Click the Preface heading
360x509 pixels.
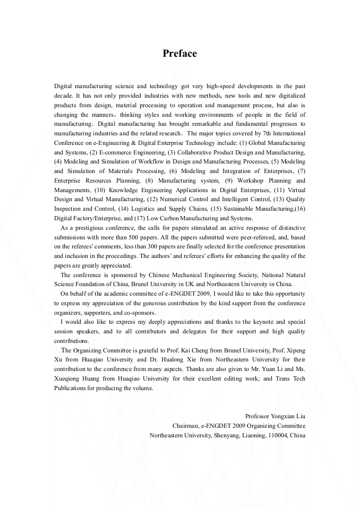pos(179,54)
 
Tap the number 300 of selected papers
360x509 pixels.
pos(147,247)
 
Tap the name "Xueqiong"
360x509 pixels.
pos(69,379)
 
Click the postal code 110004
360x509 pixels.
pos(278,435)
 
